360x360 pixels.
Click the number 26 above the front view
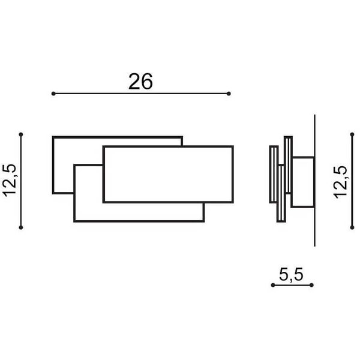pos(140,81)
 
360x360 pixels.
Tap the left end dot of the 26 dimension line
pos(53,94)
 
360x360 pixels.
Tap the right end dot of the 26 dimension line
pos(229,94)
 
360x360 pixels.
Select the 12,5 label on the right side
pos(340,180)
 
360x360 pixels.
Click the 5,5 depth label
pos(292,274)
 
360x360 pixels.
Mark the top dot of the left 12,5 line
pos(21,134)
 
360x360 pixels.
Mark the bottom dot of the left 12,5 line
pos(21,227)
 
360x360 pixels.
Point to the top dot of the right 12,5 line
pos(352,134)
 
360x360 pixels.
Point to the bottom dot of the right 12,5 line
pos(352,227)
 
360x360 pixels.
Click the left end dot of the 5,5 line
pos(272,285)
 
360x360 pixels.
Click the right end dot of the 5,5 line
pos(312,285)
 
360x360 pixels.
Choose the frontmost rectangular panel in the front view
pos(168,174)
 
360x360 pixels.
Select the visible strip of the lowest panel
pos(138,212)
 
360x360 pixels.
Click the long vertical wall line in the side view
pos(314,180)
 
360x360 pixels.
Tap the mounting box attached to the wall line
pos(304,182)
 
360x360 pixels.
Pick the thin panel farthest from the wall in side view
pos(274,174)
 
